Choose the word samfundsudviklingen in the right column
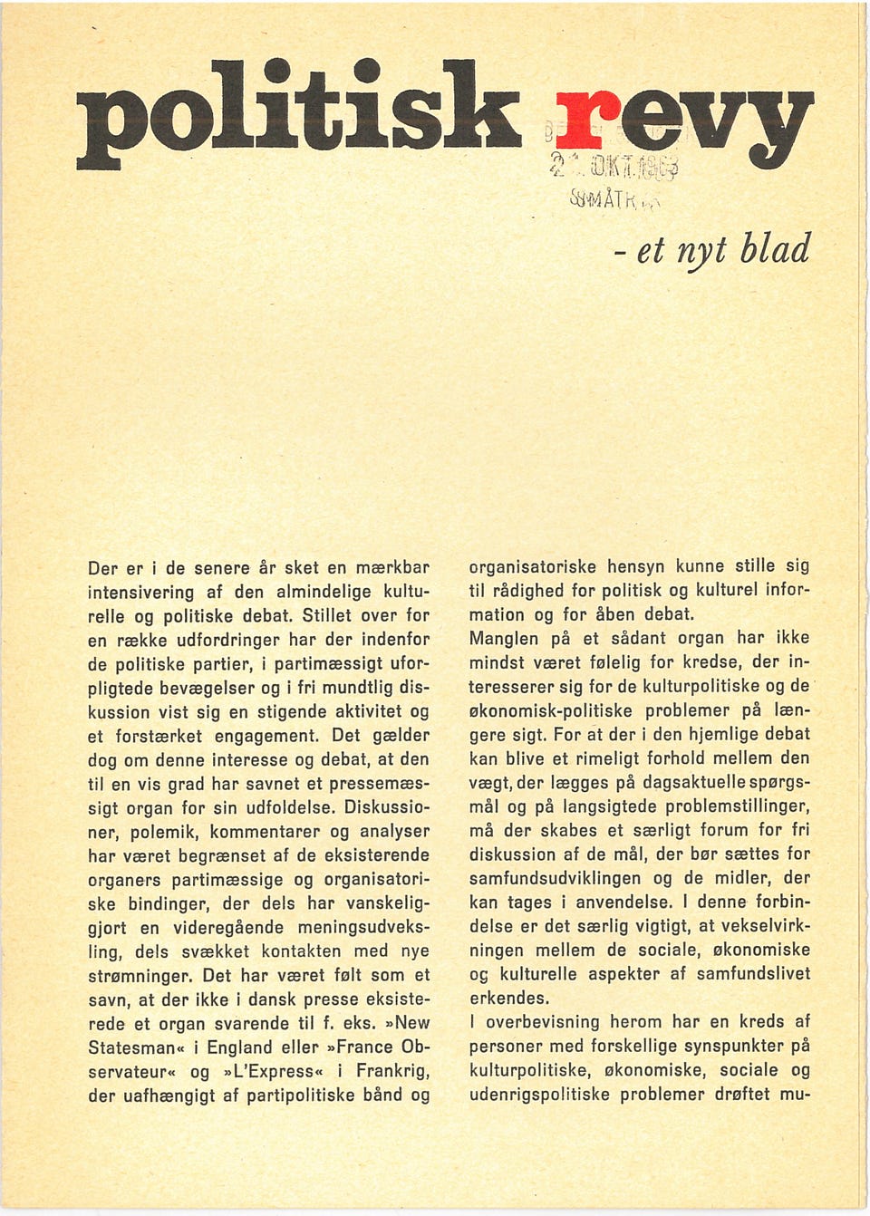(558, 878)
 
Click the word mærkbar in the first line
(391, 568)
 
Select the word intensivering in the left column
(141, 593)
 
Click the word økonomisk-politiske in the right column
(550, 710)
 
